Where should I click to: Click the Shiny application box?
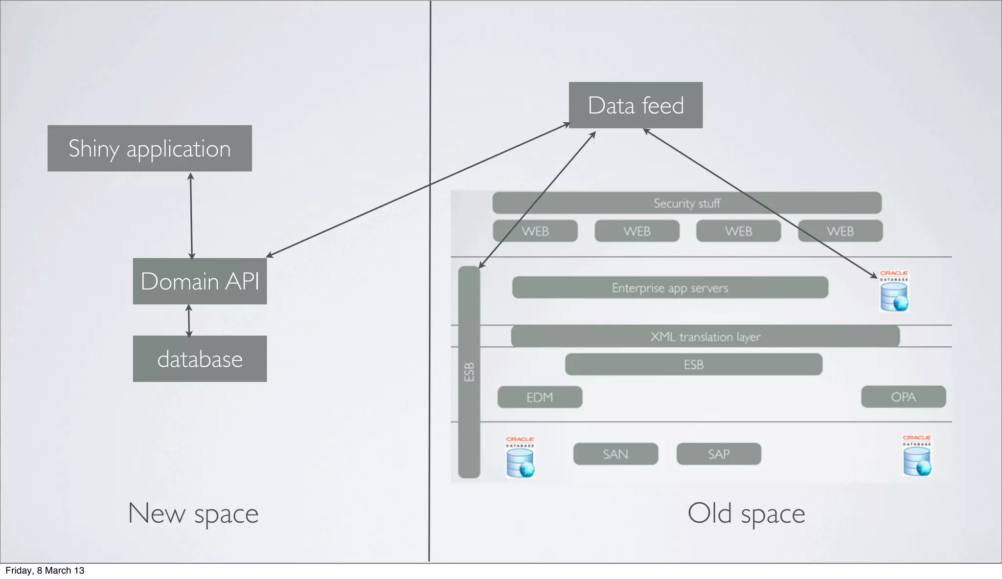click(149, 148)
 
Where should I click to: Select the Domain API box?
click(200, 281)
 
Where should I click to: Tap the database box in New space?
click(200, 359)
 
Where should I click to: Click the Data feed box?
click(636, 105)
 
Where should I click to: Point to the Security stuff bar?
click(686, 203)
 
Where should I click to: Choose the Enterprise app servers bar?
click(670, 288)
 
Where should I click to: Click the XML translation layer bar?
click(705, 336)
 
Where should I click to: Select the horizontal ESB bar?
click(693, 364)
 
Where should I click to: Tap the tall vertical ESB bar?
click(469, 372)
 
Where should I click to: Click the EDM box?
click(540, 397)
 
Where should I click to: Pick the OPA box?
click(903, 397)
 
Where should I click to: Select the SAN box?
click(615, 454)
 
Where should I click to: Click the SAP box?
click(719, 454)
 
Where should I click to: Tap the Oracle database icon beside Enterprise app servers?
click(894, 292)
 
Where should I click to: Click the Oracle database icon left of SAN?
click(520, 458)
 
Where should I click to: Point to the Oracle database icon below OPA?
click(917, 456)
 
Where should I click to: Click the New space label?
click(193, 513)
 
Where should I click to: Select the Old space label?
click(746, 513)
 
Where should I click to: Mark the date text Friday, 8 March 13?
click(45, 571)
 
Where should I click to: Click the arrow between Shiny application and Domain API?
click(191, 215)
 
